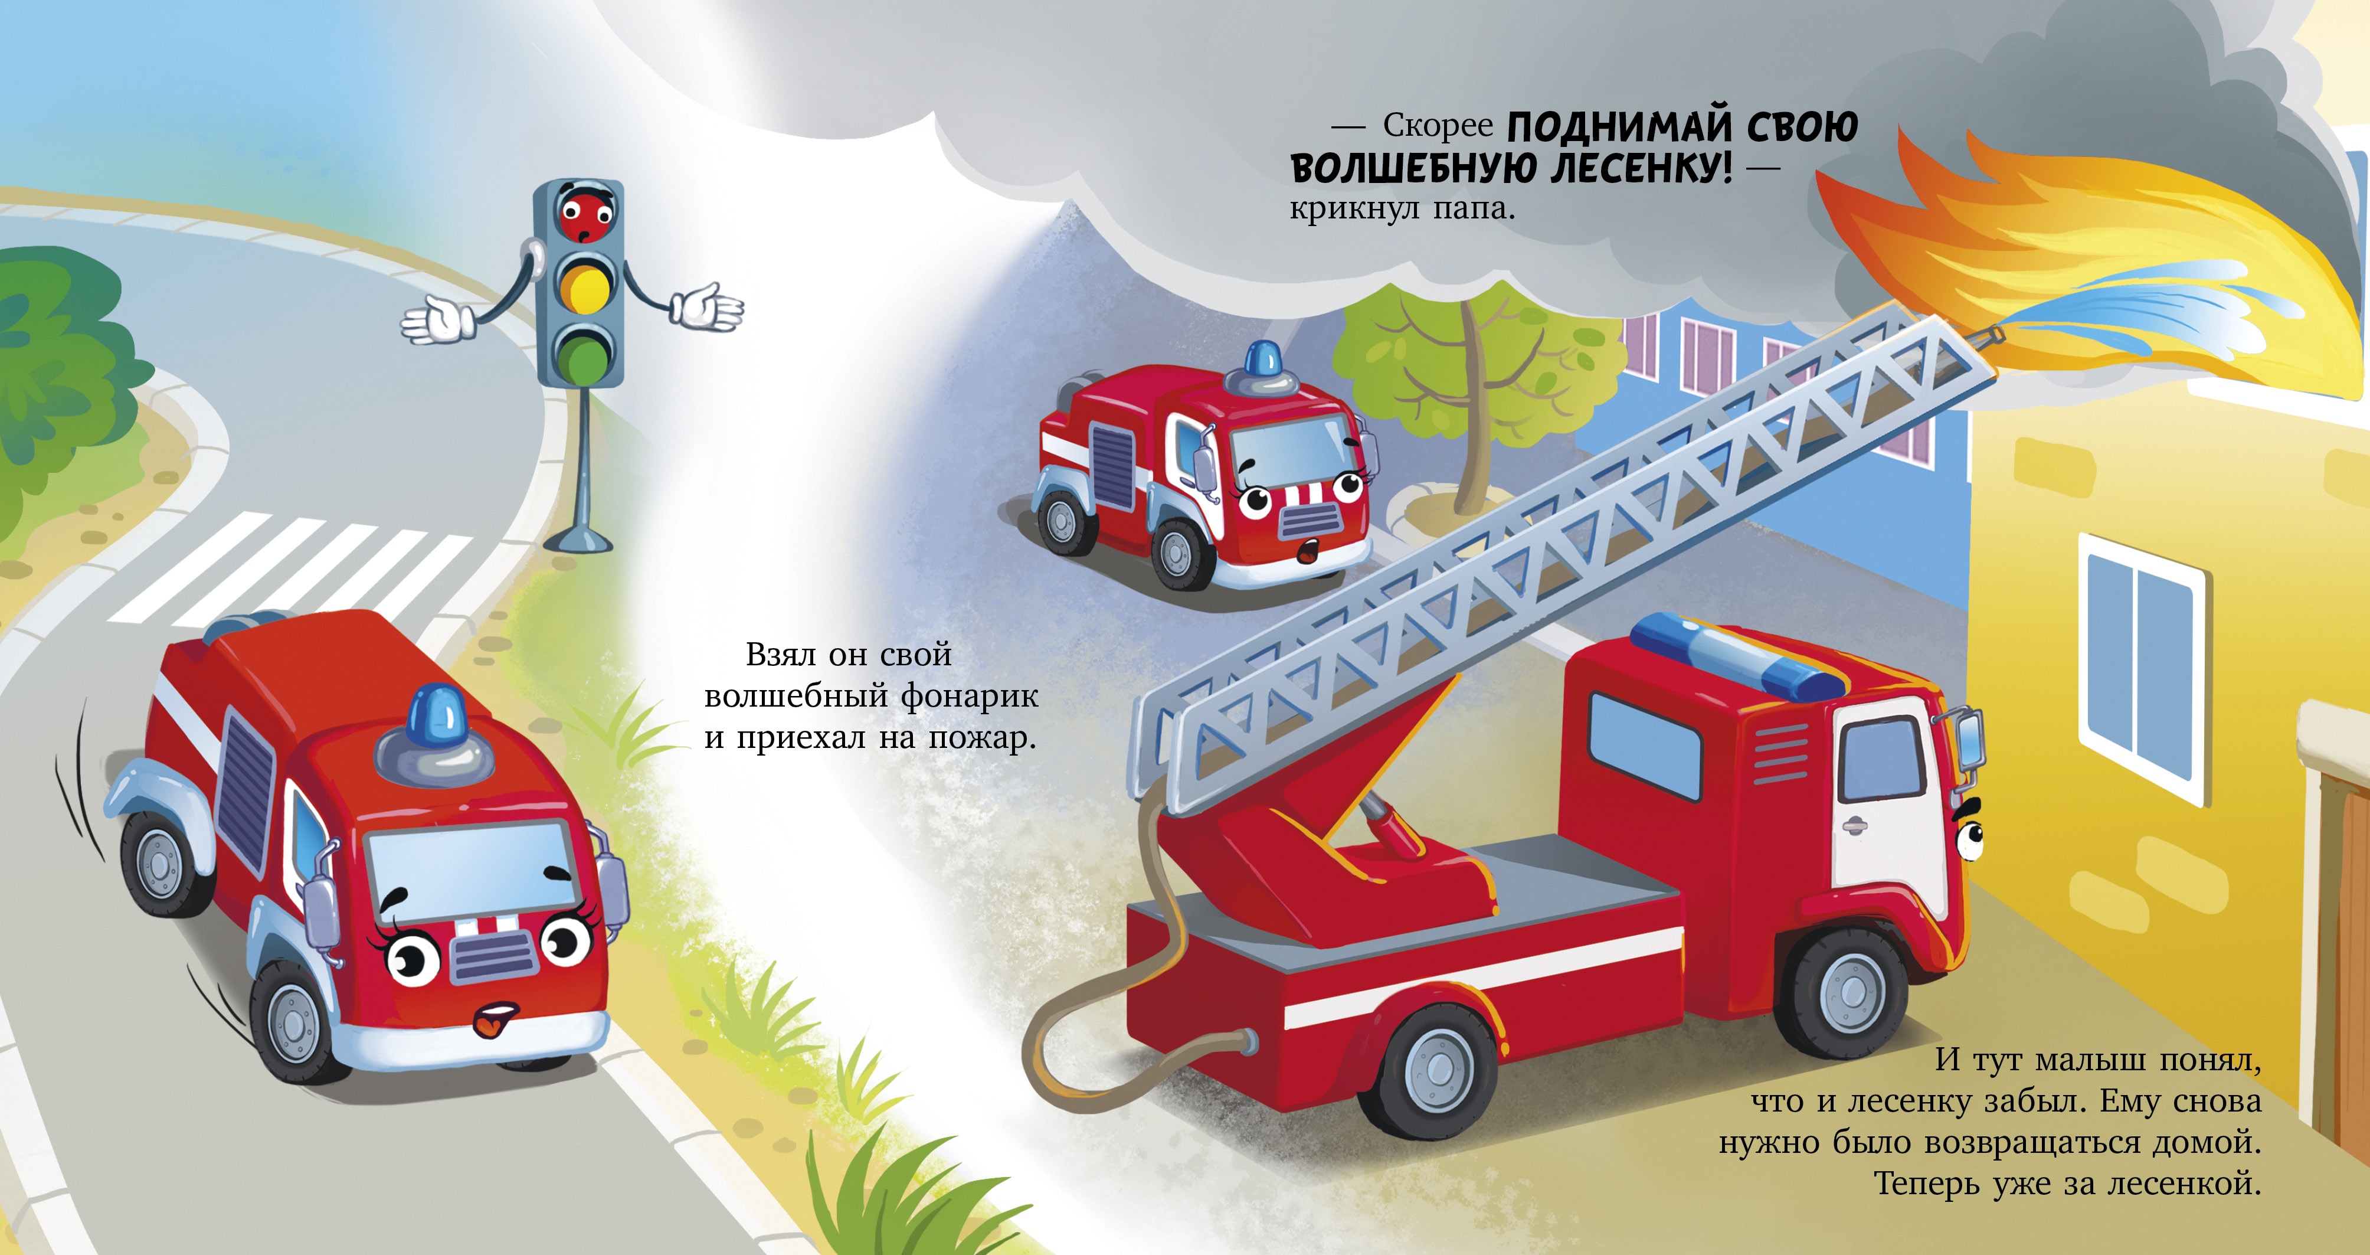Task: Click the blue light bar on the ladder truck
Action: (1735, 656)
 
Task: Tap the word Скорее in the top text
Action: (1438, 127)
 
